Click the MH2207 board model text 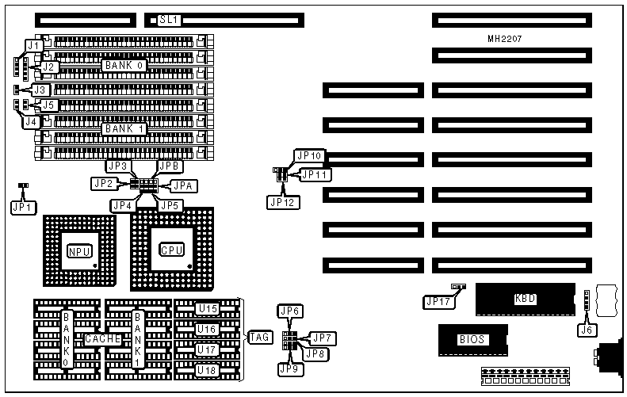pyautogui.click(x=506, y=38)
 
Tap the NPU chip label pyautogui.click(x=79, y=252)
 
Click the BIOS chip pyautogui.click(x=471, y=339)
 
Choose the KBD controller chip pyautogui.click(x=525, y=299)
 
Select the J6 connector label pyautogui.click(x=587, y=327)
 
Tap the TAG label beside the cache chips pyautogui.click(x=259, y=337)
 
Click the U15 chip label pyautogui.click(x=208, y=308)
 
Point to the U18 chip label pyautogui.click(x=208, y=369)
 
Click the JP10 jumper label pyautogui.click(x=308, y=155)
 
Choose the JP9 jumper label pyautogui.click(x=287, y=368)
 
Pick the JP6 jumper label pyautogui.click(x=288, y=311)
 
